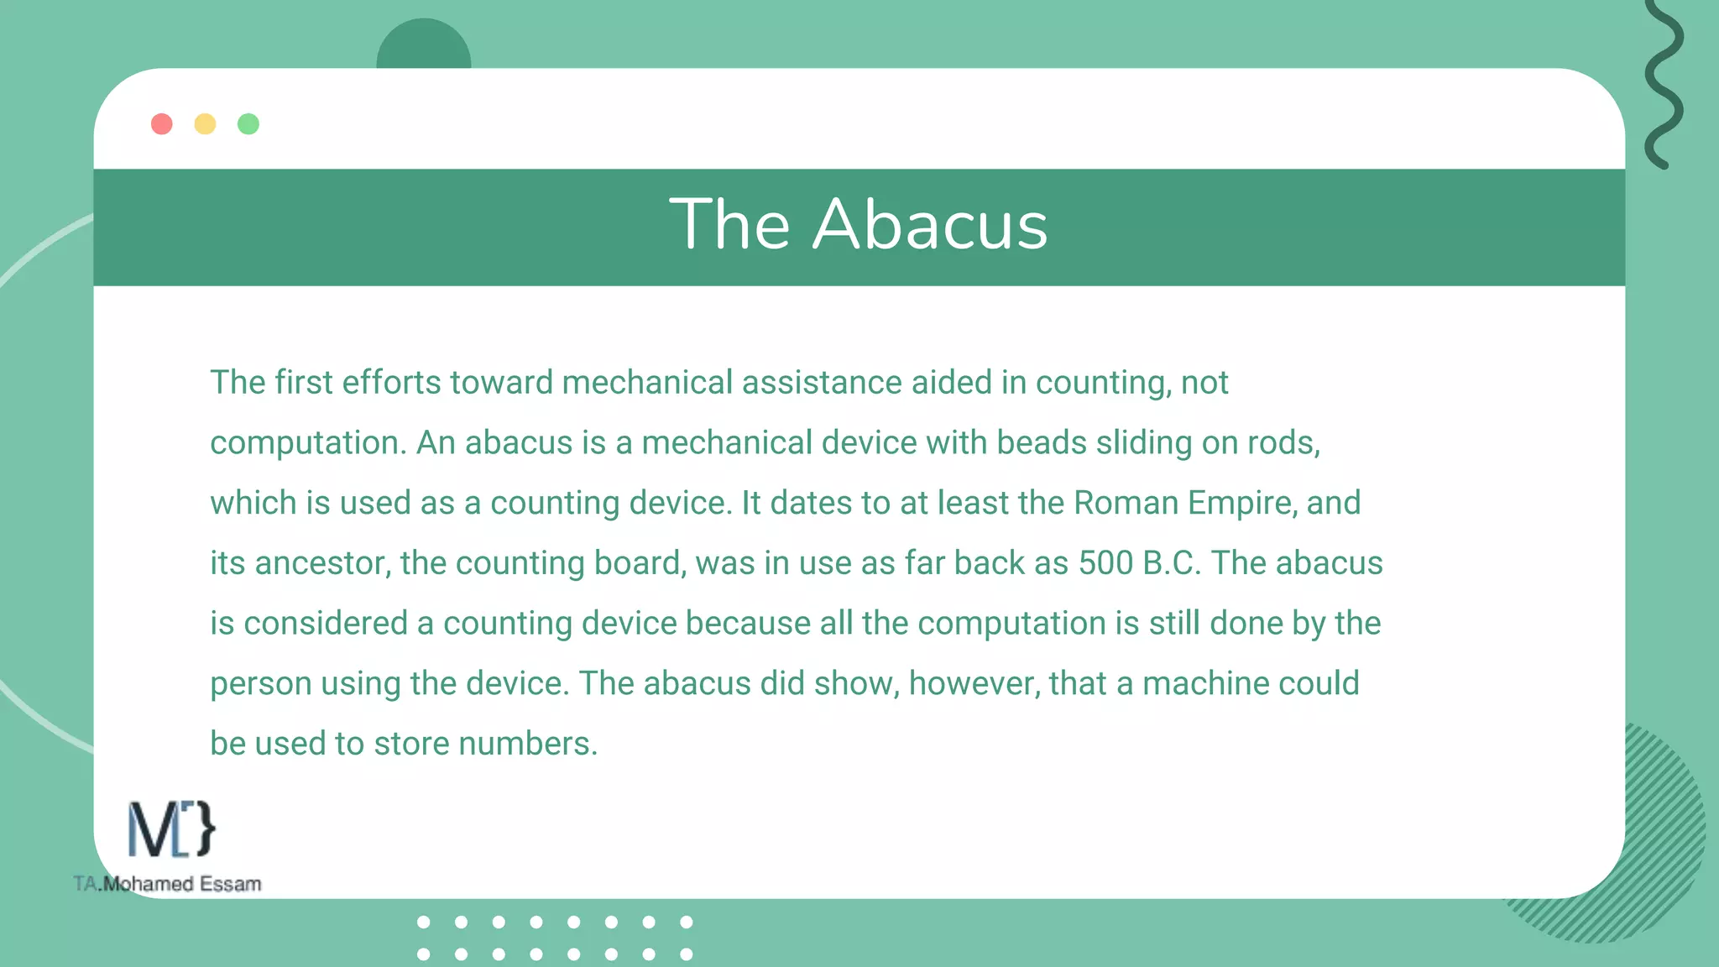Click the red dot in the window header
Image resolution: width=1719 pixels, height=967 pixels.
(162, 124)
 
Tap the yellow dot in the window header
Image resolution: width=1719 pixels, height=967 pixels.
(205, 124)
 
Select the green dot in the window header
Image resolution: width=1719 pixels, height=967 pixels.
(248, 124)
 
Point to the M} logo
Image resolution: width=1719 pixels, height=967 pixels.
(171, 829)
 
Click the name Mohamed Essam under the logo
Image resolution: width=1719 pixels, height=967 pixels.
(181, 884)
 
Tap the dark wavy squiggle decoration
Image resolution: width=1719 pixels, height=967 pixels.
(1664, 84)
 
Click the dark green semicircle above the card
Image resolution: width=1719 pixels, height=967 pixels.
(424, 46)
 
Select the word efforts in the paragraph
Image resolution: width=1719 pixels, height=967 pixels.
(391, 383)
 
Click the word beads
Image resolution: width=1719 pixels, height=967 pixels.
(1042, 443)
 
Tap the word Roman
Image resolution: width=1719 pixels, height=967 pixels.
(1126, 504)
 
